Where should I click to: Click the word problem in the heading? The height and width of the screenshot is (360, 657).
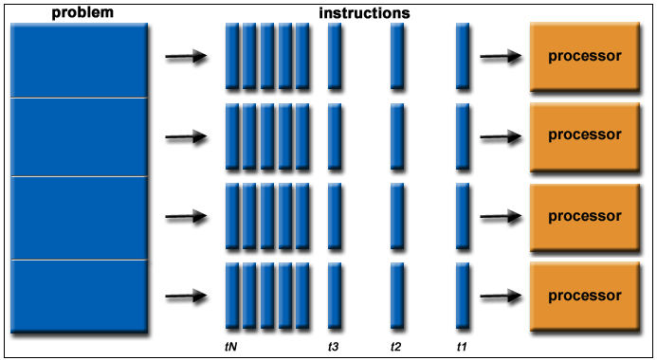tap(82, 12)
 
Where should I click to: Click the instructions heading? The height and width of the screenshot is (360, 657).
tap(364, 13)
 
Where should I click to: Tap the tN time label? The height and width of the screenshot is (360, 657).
tap(231, 347)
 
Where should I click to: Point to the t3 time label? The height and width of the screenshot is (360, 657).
tap(334, 347)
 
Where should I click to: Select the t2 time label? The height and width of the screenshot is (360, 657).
tap(395, 347)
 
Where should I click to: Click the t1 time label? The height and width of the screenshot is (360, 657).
tap(462, 347)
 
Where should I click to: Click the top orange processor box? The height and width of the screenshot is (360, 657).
tap(585, 56)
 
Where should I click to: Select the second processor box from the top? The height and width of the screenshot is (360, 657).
tap(585, 136)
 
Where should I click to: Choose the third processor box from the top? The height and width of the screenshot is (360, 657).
tap(585, 217)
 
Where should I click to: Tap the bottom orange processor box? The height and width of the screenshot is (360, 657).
tap(585, 296)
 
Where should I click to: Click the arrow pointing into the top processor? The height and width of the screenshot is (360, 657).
tap(501, 56)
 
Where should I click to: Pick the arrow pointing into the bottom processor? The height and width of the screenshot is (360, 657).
tap(501, 296)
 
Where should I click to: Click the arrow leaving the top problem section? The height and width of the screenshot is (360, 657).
tap(186, 56)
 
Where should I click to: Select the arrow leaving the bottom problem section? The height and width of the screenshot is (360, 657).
tap(186, 296)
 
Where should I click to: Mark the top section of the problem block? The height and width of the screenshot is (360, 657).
tap(80, 61)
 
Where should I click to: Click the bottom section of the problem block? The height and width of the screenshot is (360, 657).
tap(80, 297)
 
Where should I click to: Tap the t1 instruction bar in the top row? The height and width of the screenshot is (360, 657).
tap(462, 56)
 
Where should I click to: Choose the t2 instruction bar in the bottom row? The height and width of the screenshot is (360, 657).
tap(397, 296)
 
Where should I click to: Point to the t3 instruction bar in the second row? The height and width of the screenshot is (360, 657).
tap(335, 136)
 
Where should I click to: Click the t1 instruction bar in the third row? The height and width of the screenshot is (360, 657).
tap(462, 216)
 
